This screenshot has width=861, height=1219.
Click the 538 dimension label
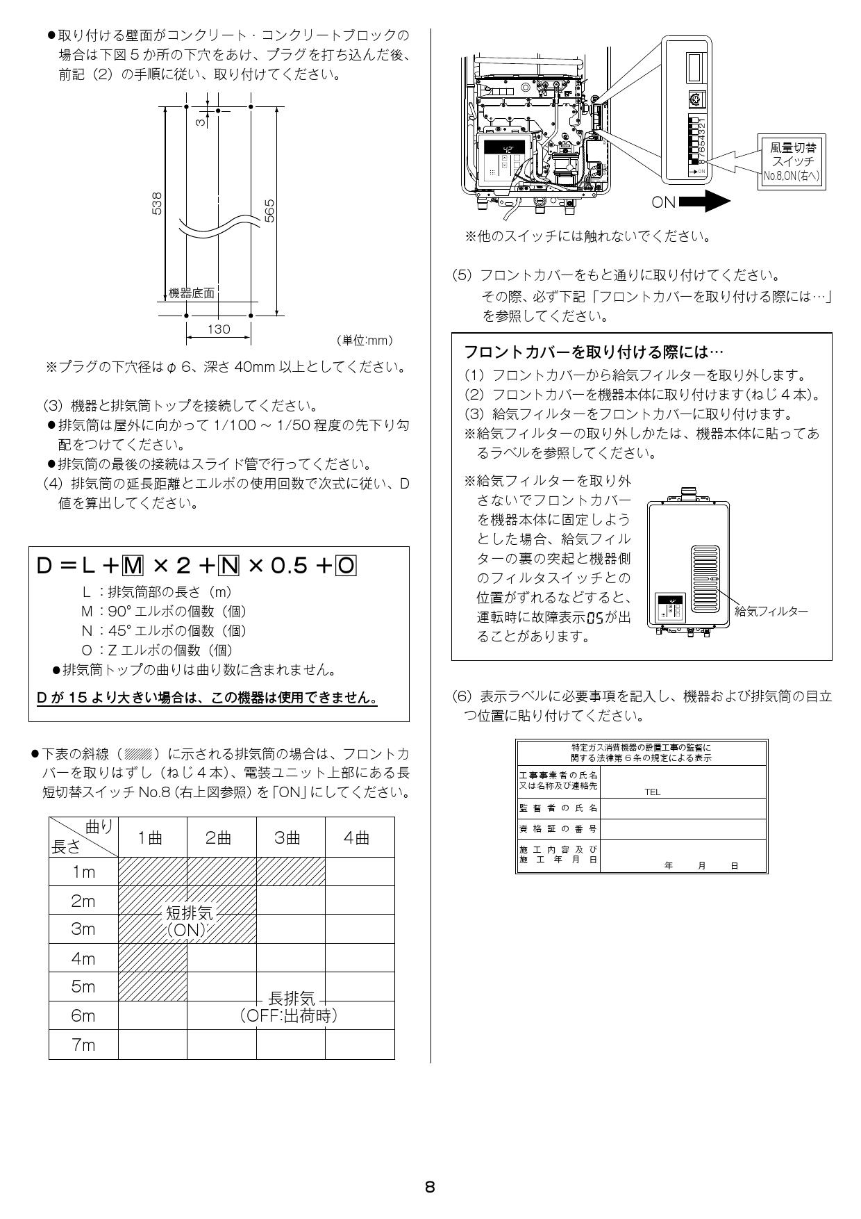[x=158, y=204]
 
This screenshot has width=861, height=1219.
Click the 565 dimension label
[x=269, y=211]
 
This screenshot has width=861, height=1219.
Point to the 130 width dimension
[x=218, y=329]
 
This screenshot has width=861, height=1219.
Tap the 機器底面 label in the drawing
[x=192, y=293]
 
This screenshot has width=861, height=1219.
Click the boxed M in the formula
[x=133, y=566]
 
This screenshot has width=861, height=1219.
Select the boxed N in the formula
[x=228, y=566]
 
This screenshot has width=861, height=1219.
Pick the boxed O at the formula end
[x=345, y=566]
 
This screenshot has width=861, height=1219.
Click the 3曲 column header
[x=290, y=837]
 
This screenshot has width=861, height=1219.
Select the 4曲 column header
[x=359, y=837]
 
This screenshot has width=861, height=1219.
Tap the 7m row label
[x=83, y=1045]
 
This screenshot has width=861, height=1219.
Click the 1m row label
[x=83, y=872]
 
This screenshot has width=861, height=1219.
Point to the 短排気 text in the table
[x=188, y=913]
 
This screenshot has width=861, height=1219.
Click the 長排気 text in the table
[x=291, y=999]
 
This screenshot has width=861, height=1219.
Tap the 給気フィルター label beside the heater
[x=771, y=611]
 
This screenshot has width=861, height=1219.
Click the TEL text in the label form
[x=652, y=792]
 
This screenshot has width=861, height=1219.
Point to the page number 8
[x=430, y=1187]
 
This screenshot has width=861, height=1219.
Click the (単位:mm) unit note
[x=364, y=340]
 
